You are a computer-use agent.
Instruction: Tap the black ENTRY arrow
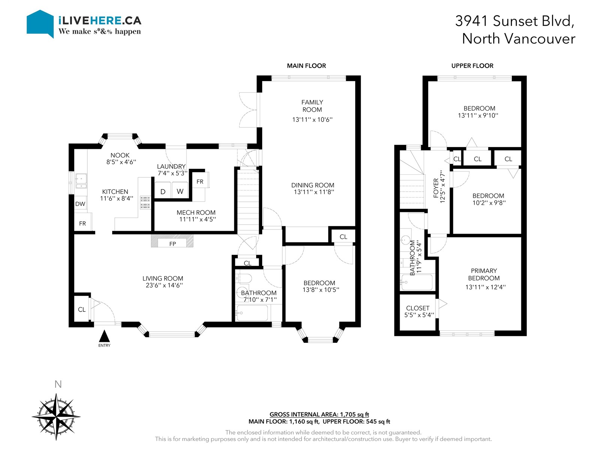click(x=104, y=336)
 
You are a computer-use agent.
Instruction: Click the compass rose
click(x=56, y=417)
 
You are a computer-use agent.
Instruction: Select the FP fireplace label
click(x=172, y=244)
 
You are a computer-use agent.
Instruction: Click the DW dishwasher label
click(x=80, y=204)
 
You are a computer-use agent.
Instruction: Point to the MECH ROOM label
click(x=196, y=213)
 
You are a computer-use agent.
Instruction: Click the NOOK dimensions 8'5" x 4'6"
click(x=121, y=162)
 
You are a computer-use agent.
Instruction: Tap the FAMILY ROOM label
click(x=312, y=106)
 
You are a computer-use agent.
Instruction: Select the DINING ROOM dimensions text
click(x=314, y=192)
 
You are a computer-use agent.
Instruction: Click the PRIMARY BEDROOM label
click(x=484, y=274)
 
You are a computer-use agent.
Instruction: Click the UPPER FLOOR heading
click(x=472, y=66)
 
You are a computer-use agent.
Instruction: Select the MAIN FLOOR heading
click(x=306, y=66)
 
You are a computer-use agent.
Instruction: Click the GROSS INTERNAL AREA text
click(x=319, y=414)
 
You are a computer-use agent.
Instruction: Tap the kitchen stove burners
click(x=145, y=202)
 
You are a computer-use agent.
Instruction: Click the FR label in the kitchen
click(x=82, y=223)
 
